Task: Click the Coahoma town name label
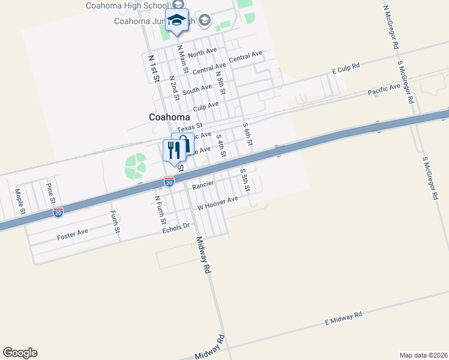[169, 117]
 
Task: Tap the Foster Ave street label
[73, 234]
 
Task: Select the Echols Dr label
[176, 228]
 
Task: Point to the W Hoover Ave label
[218, 203]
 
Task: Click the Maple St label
[20, 202]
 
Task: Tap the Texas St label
[190, 127]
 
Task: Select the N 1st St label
[154, 67]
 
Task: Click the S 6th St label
[247, 134]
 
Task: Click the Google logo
[20, 353]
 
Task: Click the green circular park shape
[135, 166]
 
